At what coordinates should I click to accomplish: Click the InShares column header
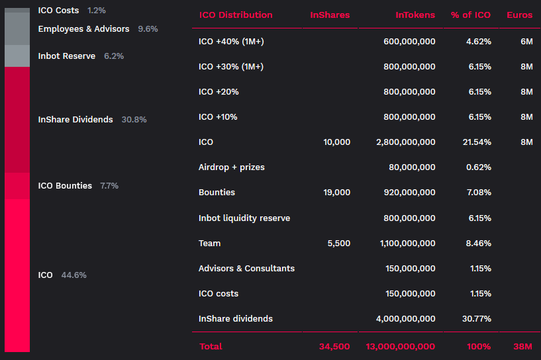tap(330, 15)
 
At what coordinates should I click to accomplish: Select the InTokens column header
tap(415, 15)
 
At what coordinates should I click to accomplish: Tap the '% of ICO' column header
tap(471, 15)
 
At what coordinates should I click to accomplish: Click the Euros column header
tap(519, 15)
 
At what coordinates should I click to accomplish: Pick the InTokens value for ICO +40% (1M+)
tap(409, 42)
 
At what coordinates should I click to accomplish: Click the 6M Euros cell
tap(526, 42)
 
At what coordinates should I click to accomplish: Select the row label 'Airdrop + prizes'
tap(231, 167)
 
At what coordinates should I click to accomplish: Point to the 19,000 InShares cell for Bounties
tap(338, 193)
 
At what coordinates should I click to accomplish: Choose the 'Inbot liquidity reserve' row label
tap(244, 218)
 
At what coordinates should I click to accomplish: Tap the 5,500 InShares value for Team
tap(339, 244)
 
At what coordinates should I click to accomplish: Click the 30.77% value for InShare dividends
tap(477, 319)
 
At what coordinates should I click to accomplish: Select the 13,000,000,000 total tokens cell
tap(401, 347)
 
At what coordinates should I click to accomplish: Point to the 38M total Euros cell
tap(522, 347)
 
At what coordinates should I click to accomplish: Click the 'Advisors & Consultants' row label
tap(246, 269)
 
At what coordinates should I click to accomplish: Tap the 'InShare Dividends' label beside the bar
tap(75, 120)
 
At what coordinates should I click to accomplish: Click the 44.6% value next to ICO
tap(74, 275)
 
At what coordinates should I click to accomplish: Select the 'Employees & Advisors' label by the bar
tap(83, 29)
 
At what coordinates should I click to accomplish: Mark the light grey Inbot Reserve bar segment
tap(17, 56)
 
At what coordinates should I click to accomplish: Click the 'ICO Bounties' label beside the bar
tap(65, 186)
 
